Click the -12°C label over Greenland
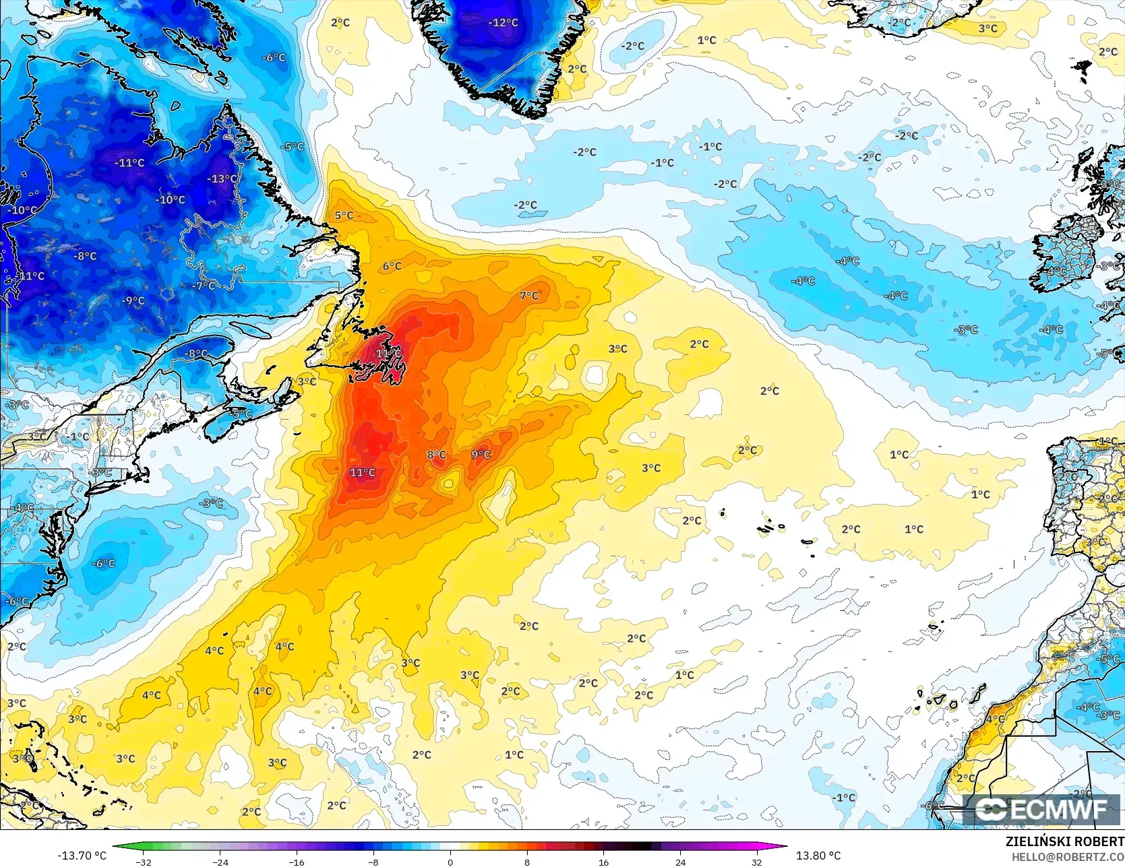click(x=503, y=22)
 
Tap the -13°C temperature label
click(x=222, y=179)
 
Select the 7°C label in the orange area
click(x=529, y=295)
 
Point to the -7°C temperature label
click(x=204, y=285)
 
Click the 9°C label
click(x=481, y=455)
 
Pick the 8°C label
click(x=436, y=455)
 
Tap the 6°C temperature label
click(x=392, y=266)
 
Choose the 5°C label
click(x=344, y=216)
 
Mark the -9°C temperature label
click(x=133, y=300)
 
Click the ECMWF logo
click(x=1042, y=809)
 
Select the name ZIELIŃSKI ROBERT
click(x=1064, y=841)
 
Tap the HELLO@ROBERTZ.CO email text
click(x=1068, y=856)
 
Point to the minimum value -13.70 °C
click(x=82, y=856)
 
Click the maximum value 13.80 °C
click(x=818, y=856)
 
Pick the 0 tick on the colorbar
click(x=450, y=862)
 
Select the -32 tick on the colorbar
click(x=144, y=862)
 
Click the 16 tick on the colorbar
click(x=603, y=862)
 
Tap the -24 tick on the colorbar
click(x=220, y=862)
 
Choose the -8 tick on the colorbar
click(x=373, y=862)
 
